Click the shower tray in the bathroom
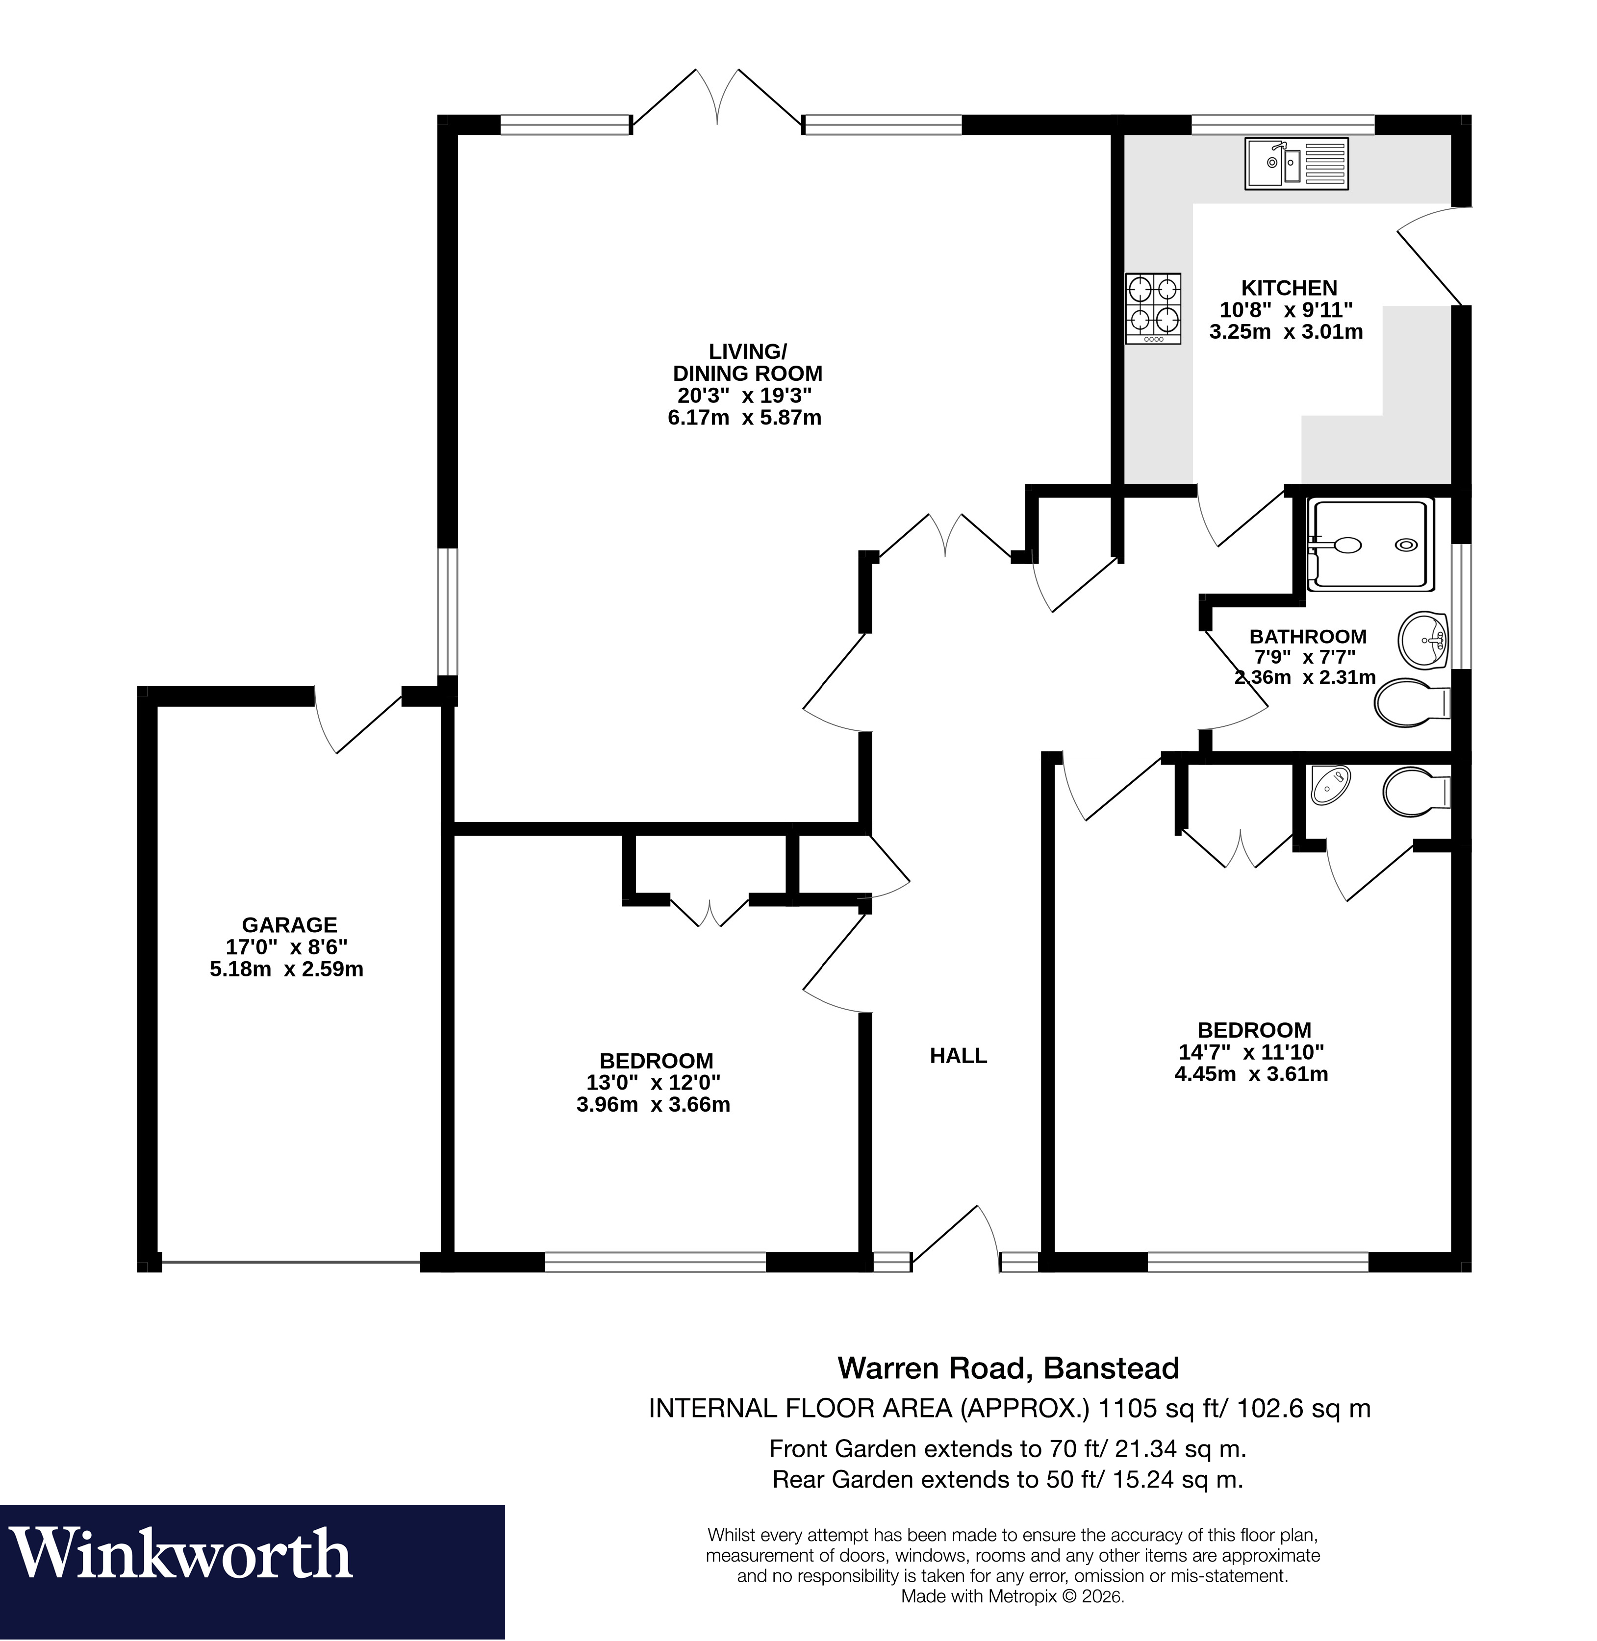coord(1369,544)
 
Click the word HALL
coord(958,1056)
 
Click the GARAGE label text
coord(289,925)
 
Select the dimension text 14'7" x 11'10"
coord(1251,1052)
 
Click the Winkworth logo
coord(180,1554)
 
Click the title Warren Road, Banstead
coord(1008,1367)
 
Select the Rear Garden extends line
coord(1007,1479)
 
